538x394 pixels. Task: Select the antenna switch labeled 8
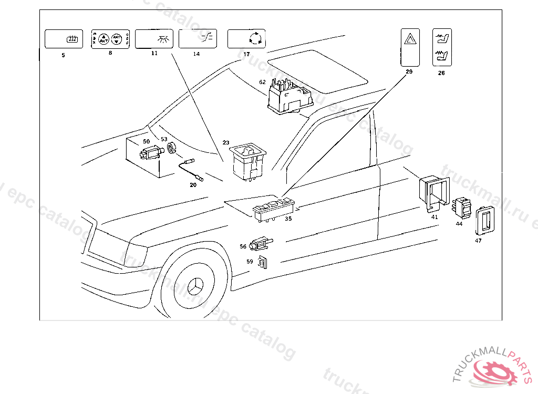click(110, 39)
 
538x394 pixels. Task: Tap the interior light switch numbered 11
click(154, 39)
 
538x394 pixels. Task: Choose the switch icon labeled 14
click(198, 39)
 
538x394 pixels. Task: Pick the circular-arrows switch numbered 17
click(246, 39)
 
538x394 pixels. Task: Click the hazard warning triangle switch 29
click(409, 47)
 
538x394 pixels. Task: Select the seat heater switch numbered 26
click(441, 47)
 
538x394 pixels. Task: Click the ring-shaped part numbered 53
click(170, 150)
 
